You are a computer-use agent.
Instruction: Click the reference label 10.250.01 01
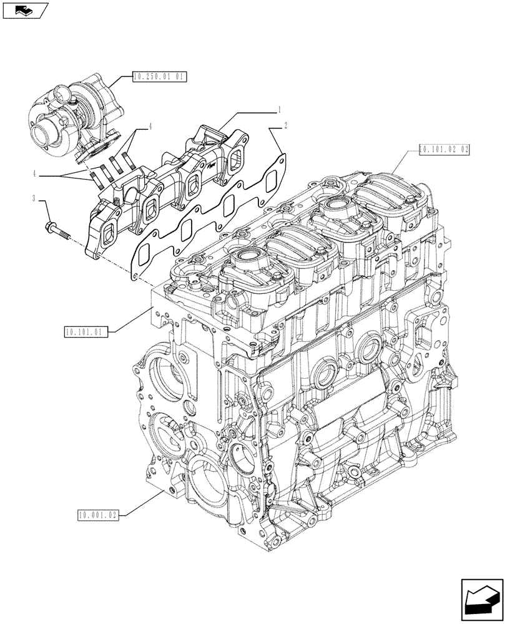pyautogui.click(x=160, y=77)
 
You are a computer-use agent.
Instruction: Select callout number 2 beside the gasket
pyautogui.click(x=285, y=126)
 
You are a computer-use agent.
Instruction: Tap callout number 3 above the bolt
pyautogui.click(x=41, y=198)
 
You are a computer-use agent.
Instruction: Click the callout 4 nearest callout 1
pyautogui.click(x=150, y=127)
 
